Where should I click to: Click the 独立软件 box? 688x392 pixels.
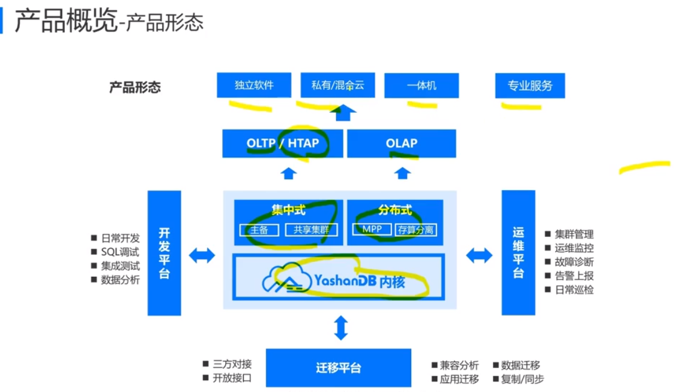(254, 85)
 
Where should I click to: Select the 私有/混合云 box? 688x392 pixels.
(337, 85)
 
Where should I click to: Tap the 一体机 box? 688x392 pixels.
(421, 85)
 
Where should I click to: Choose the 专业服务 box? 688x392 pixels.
(530, 85)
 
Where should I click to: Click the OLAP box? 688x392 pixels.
(402, 143)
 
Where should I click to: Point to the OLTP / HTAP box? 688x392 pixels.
(282, 143)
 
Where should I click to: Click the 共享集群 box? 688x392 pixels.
(312, 230)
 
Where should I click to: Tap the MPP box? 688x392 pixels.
(372, 230)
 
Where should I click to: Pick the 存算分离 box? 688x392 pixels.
(416, 230)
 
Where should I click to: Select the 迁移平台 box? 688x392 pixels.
(339, 367)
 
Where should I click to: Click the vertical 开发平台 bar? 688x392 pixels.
(164, 253)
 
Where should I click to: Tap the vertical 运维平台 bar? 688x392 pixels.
(518, 252)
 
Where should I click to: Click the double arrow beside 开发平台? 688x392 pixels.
(202, 255)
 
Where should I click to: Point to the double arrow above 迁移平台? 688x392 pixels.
(340, 328)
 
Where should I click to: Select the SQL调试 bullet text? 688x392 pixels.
(119, 252)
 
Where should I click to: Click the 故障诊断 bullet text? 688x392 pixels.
(574, 262)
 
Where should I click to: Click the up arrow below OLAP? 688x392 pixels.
(402, 173)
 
